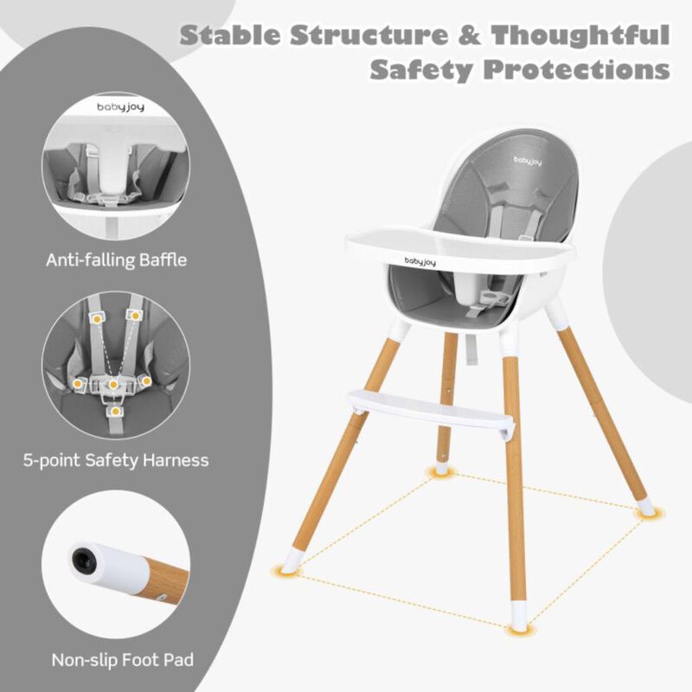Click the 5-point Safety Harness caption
coord(115,459)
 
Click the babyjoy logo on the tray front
coord(429,259)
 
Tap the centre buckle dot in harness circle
coord(113,382)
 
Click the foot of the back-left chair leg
coord(443,467)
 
